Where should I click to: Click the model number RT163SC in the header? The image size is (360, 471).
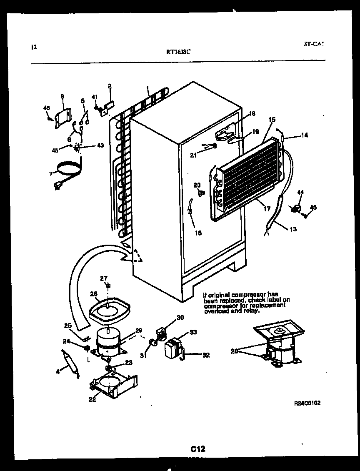(x=179, y=52)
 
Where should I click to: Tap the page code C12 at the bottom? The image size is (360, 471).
(x=198, y=449)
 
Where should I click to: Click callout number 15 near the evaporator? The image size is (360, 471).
(x=272, y=120)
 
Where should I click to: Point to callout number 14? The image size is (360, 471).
(x=305, y=135)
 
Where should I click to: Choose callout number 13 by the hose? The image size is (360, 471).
(x=293, y=229)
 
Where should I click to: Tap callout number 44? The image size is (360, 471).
(x=300, y=192)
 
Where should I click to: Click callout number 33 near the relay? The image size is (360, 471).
(x=193, y=332)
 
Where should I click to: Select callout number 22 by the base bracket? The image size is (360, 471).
(x=92, y=399)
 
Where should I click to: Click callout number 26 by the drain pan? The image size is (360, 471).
(x=94, y=294)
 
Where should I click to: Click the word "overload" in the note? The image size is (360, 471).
(x=215, y=311)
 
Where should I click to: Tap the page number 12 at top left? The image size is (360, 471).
(x=34, y=47)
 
